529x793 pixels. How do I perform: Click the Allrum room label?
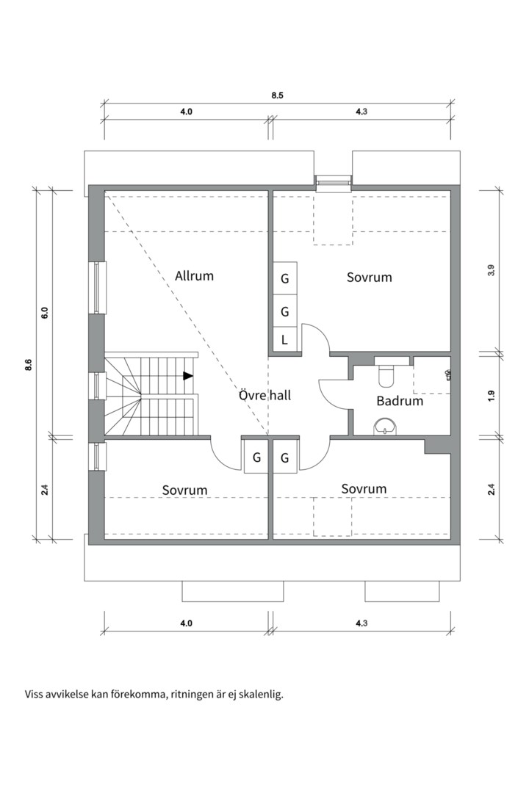[194, 276]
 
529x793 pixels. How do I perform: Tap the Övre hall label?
[264, 395]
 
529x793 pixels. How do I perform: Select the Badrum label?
[400, 401]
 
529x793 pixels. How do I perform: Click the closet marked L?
[284, 340]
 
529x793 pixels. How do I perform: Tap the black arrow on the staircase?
[188, 376]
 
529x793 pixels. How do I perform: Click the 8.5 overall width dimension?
[277, 95]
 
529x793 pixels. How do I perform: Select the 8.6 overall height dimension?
[28, 365]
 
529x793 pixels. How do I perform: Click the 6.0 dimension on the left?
[45, 312]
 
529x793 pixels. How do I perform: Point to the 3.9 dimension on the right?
[491, 269]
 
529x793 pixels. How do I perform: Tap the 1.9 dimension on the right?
[491, 394]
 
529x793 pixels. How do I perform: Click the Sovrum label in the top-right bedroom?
[369, 277]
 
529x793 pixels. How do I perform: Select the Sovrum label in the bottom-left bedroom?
[184, 490]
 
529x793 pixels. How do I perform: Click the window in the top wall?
[334, 181]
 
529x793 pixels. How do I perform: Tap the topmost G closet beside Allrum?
[284, 278]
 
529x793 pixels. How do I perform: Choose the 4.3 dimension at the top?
[361, 112]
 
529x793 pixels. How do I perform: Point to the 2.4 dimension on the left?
[45, 488]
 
